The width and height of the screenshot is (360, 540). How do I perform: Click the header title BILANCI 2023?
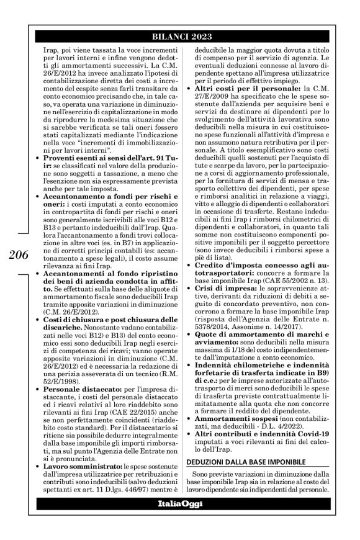(179, 35)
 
